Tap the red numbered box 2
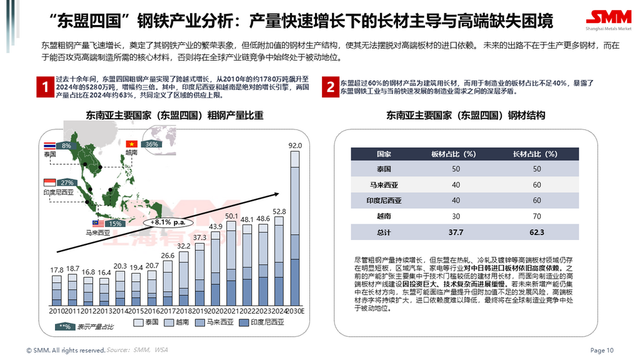pos(330,87)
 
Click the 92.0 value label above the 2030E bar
pos(295,146)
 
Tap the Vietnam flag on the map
pos(131,144)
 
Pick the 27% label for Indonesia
pos(67,182)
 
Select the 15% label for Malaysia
pos(115,223)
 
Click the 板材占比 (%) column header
pos(455,154)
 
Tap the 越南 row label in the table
pos(384,216)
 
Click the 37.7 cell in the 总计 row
pos(455,232)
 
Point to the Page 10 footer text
pos(602,350)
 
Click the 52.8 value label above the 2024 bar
pos(279,212)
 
